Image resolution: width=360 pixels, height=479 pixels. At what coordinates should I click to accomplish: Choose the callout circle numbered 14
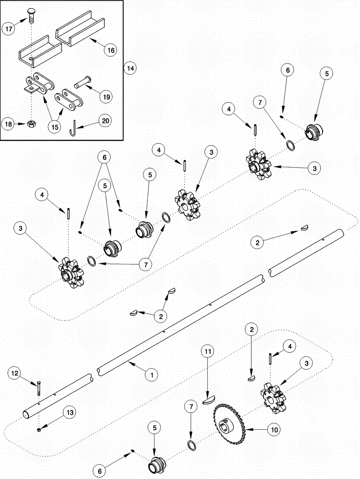pos(130,68)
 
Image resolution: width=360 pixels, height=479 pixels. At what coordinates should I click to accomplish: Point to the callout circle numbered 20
pos(106,121)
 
